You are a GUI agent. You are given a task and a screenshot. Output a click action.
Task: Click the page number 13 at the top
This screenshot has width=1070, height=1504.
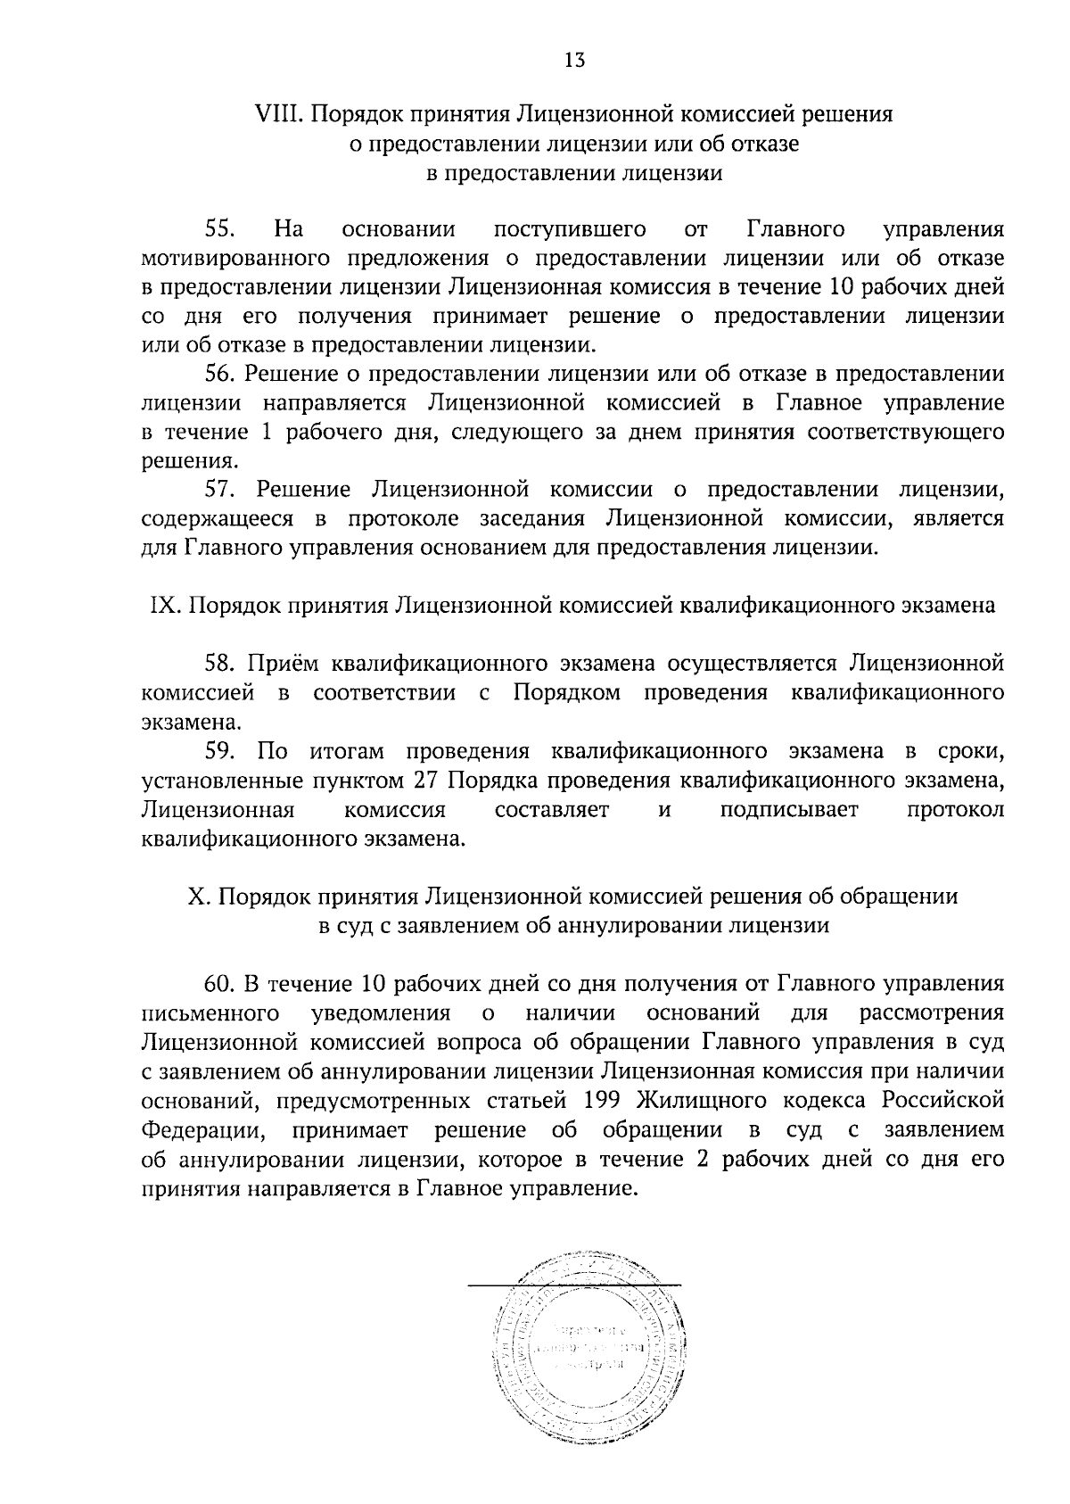[x=574, y=60]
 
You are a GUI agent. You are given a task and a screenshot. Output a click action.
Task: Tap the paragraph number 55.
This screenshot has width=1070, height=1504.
[x=219, y=230]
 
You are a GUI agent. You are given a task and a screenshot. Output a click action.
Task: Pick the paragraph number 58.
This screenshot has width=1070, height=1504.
[x=219, y=664]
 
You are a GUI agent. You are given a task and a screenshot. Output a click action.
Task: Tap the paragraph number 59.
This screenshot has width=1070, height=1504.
[x=219, y=751]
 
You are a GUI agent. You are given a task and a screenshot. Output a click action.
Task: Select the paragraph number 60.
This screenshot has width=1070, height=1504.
[x=219, y=984]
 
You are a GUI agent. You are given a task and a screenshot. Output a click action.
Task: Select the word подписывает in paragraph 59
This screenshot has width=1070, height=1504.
[x=789, y=810]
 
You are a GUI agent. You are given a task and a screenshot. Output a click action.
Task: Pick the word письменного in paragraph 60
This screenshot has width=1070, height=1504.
[x=206, y=1013]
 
